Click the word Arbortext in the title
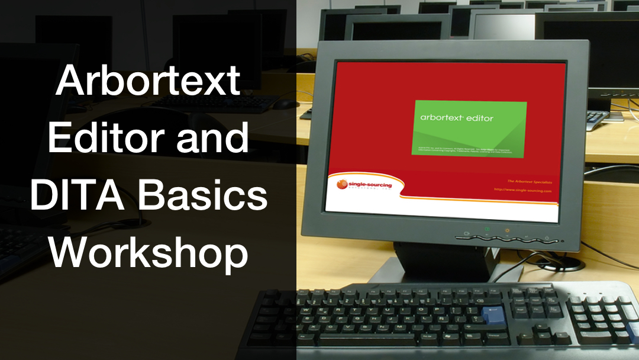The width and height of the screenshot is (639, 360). (x=148, y=81)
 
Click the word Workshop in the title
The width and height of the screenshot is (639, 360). (x=148, y=253)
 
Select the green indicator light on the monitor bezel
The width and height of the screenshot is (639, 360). (x=487, y=229)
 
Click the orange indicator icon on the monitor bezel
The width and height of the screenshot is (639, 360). (x=507, y=230)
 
